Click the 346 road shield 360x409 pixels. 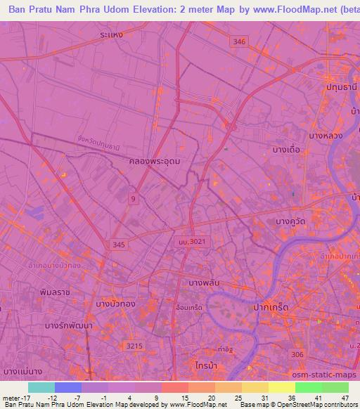[x=240, y=42]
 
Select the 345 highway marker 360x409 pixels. [x=120, y=244]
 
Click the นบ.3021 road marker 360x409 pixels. [x=191, y=241]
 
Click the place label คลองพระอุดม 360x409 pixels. [x=155, y=161]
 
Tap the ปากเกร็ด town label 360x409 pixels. [x=271, y=308]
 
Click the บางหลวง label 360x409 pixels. [x=325, y=135]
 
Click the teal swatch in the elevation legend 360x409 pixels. [x=41, y=387]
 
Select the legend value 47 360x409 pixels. [x=344, y=397]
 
